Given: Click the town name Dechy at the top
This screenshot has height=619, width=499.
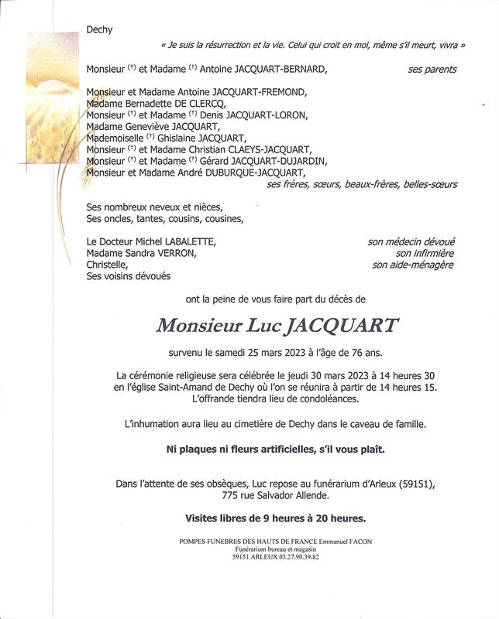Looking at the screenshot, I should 100,30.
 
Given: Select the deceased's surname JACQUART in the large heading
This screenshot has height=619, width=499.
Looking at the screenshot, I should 342,326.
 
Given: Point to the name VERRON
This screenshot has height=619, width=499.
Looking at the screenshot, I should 180,253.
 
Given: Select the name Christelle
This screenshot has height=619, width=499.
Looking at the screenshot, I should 107,265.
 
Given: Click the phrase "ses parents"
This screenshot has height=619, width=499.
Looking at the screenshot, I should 432,70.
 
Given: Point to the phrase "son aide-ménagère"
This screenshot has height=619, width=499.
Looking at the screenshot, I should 413,265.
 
